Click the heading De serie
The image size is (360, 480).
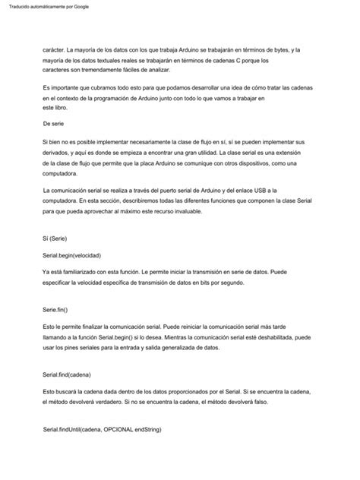58,122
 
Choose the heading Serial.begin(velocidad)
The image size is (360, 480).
72,255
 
